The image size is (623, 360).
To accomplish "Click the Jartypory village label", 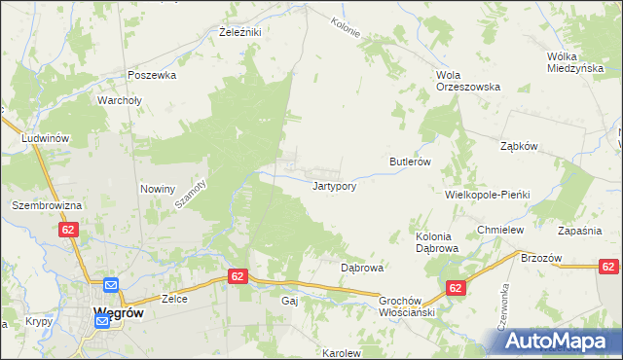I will coord(340,185).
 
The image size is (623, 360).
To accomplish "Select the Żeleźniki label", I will coord(238,32).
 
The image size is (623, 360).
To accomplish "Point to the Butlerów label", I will coord(410,162).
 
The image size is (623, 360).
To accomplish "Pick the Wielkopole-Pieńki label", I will coord(487,195).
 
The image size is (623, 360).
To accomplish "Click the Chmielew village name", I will coord(501,230).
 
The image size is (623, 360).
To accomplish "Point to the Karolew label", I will coord(342,353).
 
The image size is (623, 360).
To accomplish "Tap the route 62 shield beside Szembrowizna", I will coord(67,230).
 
